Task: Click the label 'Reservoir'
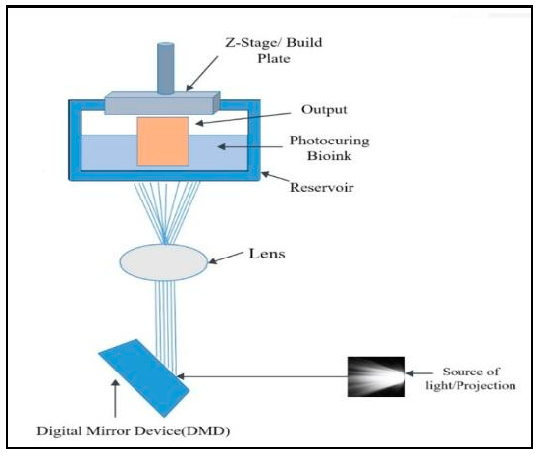click(320, 186)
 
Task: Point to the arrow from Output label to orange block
click(245, 118)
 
